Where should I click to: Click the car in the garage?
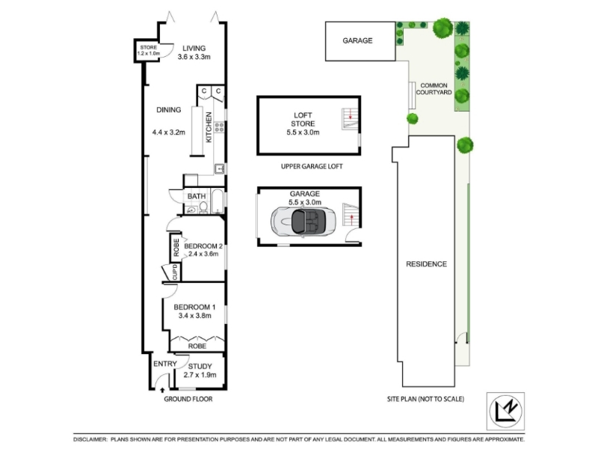coord(303,222)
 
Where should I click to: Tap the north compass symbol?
coord(505,411)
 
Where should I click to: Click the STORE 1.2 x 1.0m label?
coord(148,50)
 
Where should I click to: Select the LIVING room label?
coord(194,48)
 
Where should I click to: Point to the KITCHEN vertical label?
coord(209,127)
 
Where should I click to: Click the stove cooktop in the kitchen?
coord(219,126)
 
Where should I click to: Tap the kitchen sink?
coord(219,168)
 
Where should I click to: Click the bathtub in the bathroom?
coord(217,201)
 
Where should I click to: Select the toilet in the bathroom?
coord(203,207)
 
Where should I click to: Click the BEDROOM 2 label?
coord(203,246)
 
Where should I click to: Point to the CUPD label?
coord(175,272)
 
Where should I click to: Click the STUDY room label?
coord(200,367)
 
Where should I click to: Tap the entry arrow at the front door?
coord(162,390)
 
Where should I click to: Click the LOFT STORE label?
coord(303,119)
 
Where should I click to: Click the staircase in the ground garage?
coord(351,216)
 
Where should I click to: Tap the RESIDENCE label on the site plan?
coord(426,264)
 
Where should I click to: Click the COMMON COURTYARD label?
coord(434,89)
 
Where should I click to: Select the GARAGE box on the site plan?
coord(360,41)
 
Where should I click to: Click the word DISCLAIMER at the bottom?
coord(90,440)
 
